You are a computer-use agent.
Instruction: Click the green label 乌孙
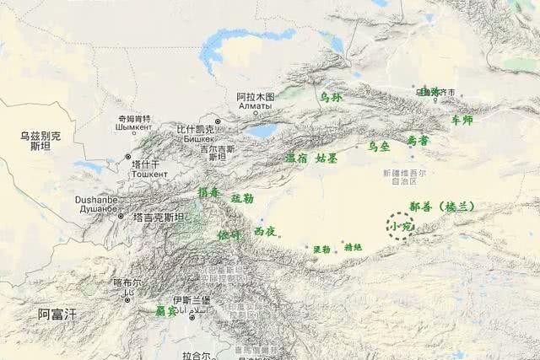pos(331,98)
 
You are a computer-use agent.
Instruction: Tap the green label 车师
pos(462,120)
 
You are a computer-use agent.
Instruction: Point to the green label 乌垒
pos(379,146)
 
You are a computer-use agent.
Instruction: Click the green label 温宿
pos(295,158)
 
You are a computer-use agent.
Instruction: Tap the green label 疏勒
pos(242,198)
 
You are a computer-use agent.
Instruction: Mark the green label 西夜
pos(264,230)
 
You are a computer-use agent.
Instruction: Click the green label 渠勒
pos(321,250)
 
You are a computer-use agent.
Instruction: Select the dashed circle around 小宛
pos(400,226)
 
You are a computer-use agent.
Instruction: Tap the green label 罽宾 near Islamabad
pos(165,311)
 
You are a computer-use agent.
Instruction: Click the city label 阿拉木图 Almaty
pos(255,102)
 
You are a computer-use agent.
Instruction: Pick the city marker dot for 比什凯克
pos(218,122)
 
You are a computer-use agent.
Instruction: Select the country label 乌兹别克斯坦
pos(40,141)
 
